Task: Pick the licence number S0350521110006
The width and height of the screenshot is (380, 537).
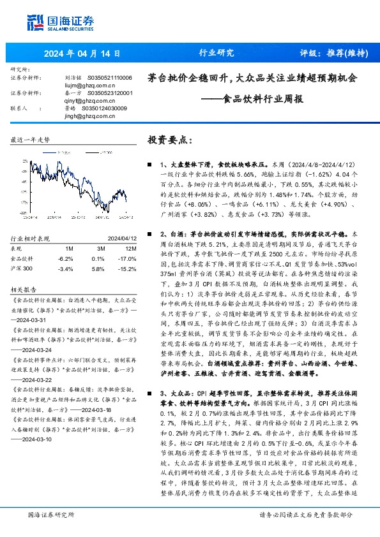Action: [x=109, y=77]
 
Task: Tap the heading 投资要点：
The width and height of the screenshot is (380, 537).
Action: [x=169, y=140]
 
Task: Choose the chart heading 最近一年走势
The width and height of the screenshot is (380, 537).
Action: [x=31, y=139]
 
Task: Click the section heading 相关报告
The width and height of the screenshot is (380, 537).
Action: [x=25, y=288]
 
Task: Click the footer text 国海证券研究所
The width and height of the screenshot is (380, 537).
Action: [x=51, y=515]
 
